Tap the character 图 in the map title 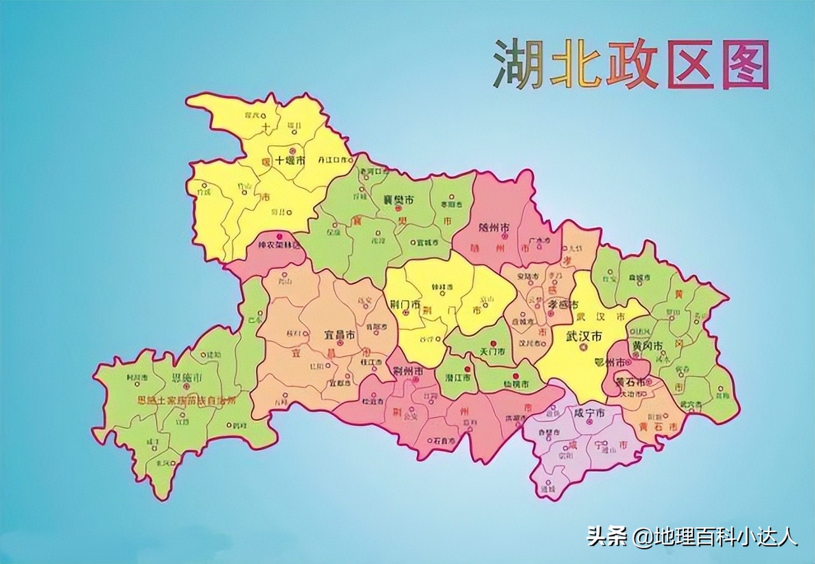point(745,64)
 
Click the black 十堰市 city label point(290,160)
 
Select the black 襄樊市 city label point(398,200)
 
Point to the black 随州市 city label point(494,227)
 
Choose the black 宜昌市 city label point(340,334)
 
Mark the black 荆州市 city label point(409,370)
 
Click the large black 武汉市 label point(581,337)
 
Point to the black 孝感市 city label point(563,305)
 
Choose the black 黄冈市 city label point(648,346)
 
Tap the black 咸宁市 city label point(588,412)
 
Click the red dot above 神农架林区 point(278,236)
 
